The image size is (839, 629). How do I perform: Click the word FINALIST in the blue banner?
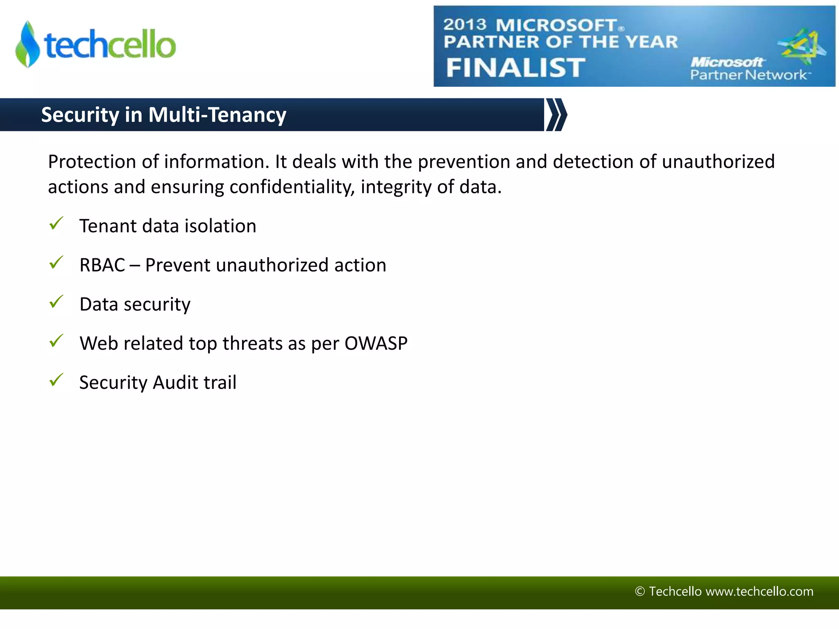coord(515,68)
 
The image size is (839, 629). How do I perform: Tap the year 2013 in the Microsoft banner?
coord(465,25)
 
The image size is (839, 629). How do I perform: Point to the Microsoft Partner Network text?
coord(748,69)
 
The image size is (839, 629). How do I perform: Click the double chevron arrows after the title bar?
coord(556,115)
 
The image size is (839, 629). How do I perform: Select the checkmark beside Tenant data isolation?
coord(56,224)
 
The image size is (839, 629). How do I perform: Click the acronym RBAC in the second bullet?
coord(102,265)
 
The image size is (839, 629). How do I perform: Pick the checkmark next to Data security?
coord(56,302)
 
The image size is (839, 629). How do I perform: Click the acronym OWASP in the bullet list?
coord(376,344)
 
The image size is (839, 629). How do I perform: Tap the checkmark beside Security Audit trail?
coord(56,380)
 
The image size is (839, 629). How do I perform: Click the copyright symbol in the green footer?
coord(639,591)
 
